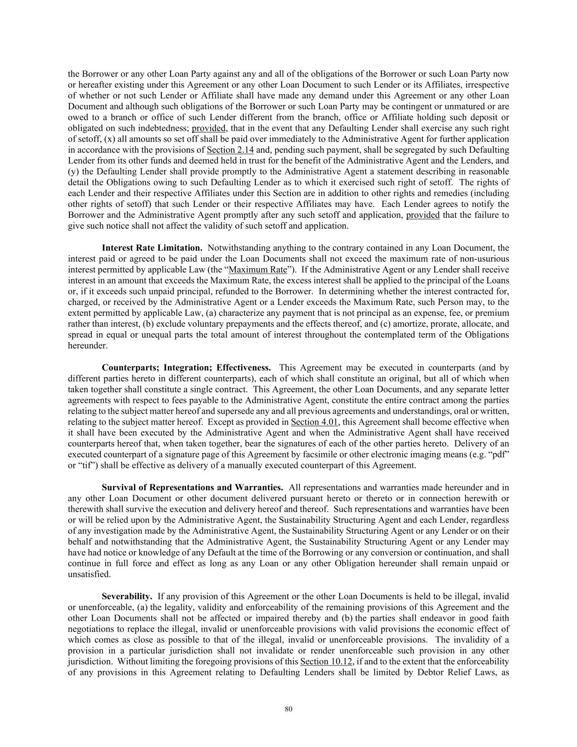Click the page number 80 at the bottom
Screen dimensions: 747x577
(x=289, y=709)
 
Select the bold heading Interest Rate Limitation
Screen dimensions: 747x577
(x=152, y=248)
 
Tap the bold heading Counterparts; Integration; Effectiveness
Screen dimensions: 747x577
(x=186, y=367)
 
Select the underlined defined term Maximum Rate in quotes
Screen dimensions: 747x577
(x=258, y=270)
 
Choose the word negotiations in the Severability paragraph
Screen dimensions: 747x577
(x=90, y=629)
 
